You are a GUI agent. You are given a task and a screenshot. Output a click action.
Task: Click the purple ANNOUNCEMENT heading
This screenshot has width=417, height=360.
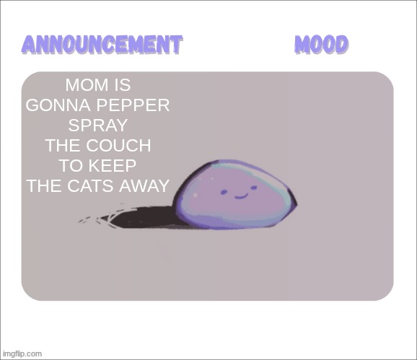(102, 44)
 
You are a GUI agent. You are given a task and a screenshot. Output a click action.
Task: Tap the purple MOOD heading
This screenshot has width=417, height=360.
(321, 44)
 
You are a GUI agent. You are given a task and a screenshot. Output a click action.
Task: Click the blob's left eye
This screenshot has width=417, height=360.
(222, 193)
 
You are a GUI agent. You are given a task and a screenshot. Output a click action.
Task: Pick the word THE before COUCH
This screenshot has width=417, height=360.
(63, 146)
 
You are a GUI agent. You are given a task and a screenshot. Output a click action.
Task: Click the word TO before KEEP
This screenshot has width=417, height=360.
(71, 166)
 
